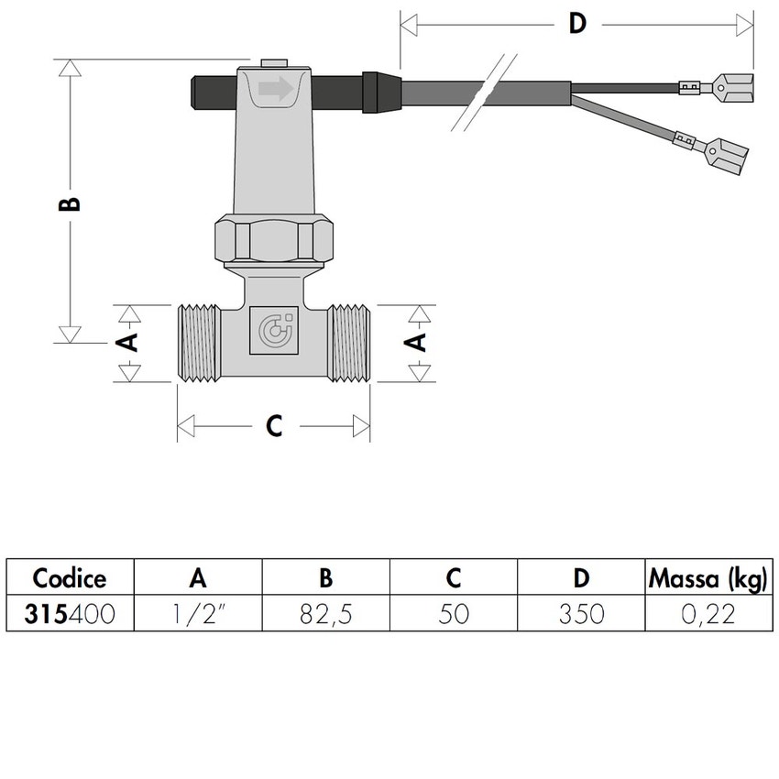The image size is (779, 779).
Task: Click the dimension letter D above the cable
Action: tap(576, 23)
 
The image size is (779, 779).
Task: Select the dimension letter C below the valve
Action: tap(273, 426)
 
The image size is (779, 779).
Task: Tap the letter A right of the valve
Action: tap(417, 342)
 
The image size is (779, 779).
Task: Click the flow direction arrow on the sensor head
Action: tap(275, 89)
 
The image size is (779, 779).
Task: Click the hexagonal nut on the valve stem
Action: tap(276, 239)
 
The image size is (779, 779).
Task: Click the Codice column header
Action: tap(70, 578)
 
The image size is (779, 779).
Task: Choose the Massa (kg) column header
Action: tap(708, 578)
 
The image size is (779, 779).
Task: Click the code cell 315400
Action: tap(70, 613)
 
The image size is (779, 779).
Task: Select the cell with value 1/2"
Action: tap(197, 613)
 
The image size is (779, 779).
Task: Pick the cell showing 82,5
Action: tap(325, 613)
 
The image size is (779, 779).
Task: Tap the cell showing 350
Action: tap(581, 613)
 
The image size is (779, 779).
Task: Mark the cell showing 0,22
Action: tap(708, 613)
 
